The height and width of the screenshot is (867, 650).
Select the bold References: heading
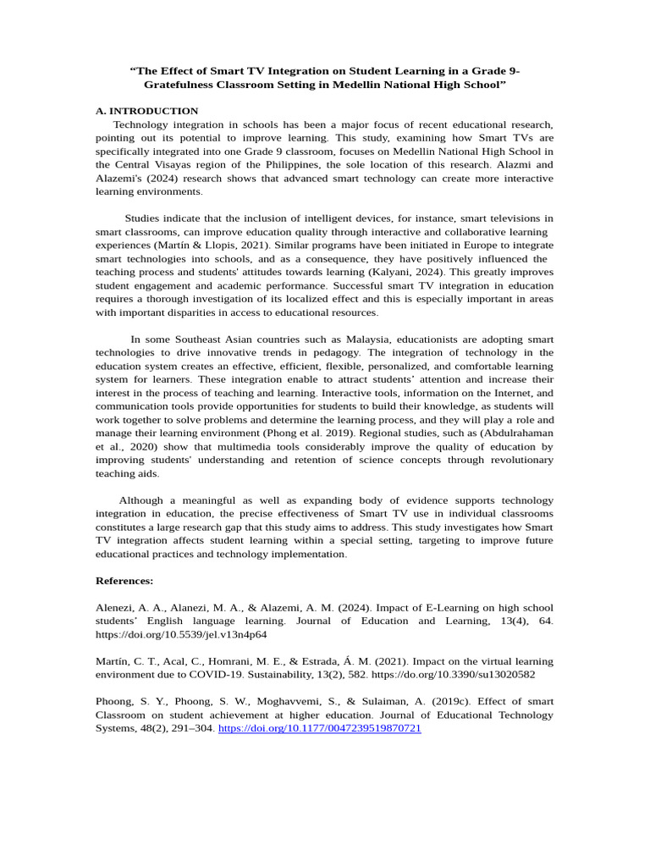coord(124,581)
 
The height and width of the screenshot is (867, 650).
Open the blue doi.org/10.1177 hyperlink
coord(320,728)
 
